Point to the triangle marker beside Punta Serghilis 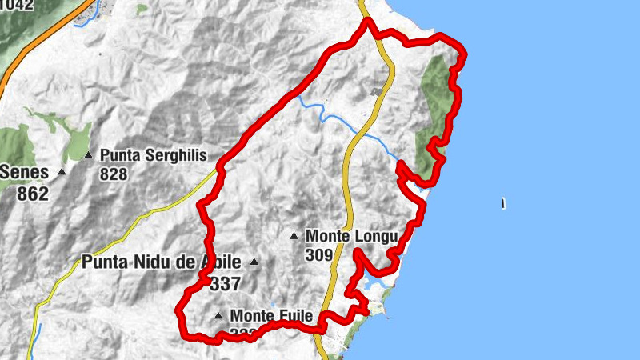click(x=89, y=155)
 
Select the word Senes click(x=27, y=171)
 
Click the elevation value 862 click(x=33, y=193)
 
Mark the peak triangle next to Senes click(x=62, y=171)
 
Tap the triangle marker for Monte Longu click(x=294, y=236)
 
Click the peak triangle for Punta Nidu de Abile click(x=255, y=262)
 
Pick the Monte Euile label click(x=270, y=315)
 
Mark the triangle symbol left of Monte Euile click(x=218, y=316)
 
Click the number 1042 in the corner click(x=16, y=5)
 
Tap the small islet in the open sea click(x=503, y=203)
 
